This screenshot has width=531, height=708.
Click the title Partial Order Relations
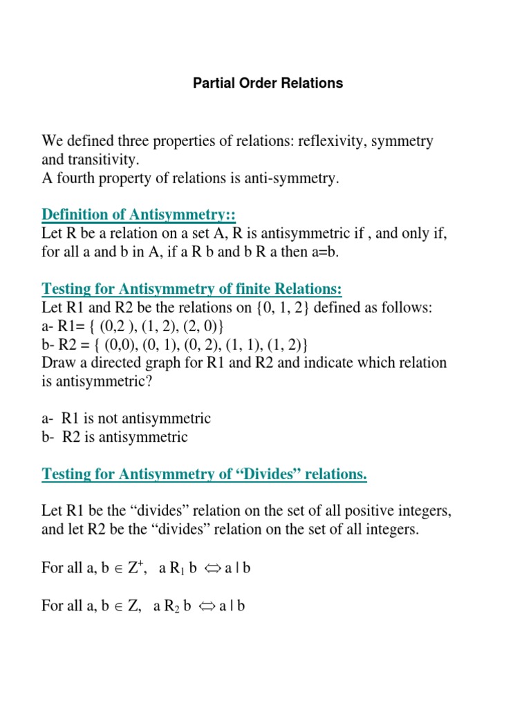coord(267,83)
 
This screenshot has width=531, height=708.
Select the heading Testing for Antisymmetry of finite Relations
coord(192,288)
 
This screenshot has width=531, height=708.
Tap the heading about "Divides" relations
coord(204,474)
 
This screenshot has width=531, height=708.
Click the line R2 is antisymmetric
coord(125,437)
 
